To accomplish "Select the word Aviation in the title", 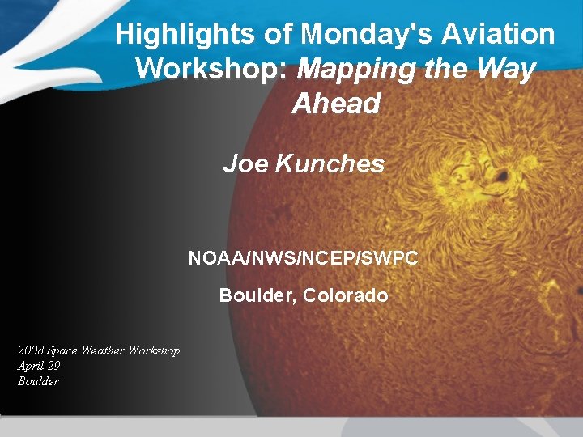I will tap(498, 35).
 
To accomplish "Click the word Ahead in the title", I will tap(336, 104).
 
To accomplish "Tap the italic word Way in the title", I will tap(506, 69).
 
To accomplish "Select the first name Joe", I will tap(245, 164).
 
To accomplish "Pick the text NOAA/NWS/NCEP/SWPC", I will tap(304, 258).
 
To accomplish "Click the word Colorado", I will tap(346, 295).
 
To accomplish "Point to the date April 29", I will tap(39, 366).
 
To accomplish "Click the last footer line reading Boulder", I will tap(39, 381).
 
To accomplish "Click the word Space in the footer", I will tap(62, 350).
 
